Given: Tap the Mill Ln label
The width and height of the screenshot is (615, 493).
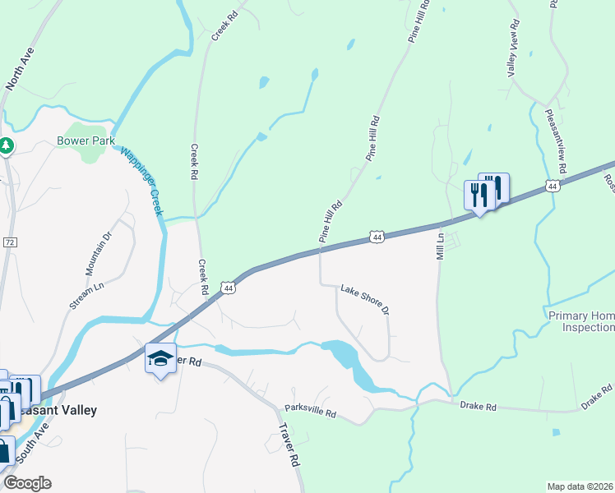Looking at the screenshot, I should [x=440, y=247].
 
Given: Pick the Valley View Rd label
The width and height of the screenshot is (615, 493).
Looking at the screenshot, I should [x=514, y=48].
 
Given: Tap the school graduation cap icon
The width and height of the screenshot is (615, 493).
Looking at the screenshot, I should [x=160, y=358].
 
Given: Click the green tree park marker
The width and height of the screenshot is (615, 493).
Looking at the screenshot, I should [x=7, y=145].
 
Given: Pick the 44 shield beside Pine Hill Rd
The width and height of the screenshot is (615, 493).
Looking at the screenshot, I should [x=377, y=237].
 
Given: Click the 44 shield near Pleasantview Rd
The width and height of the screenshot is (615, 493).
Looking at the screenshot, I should [x=553, y=187].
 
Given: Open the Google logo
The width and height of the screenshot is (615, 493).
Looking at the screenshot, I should [x=26, y=483].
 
